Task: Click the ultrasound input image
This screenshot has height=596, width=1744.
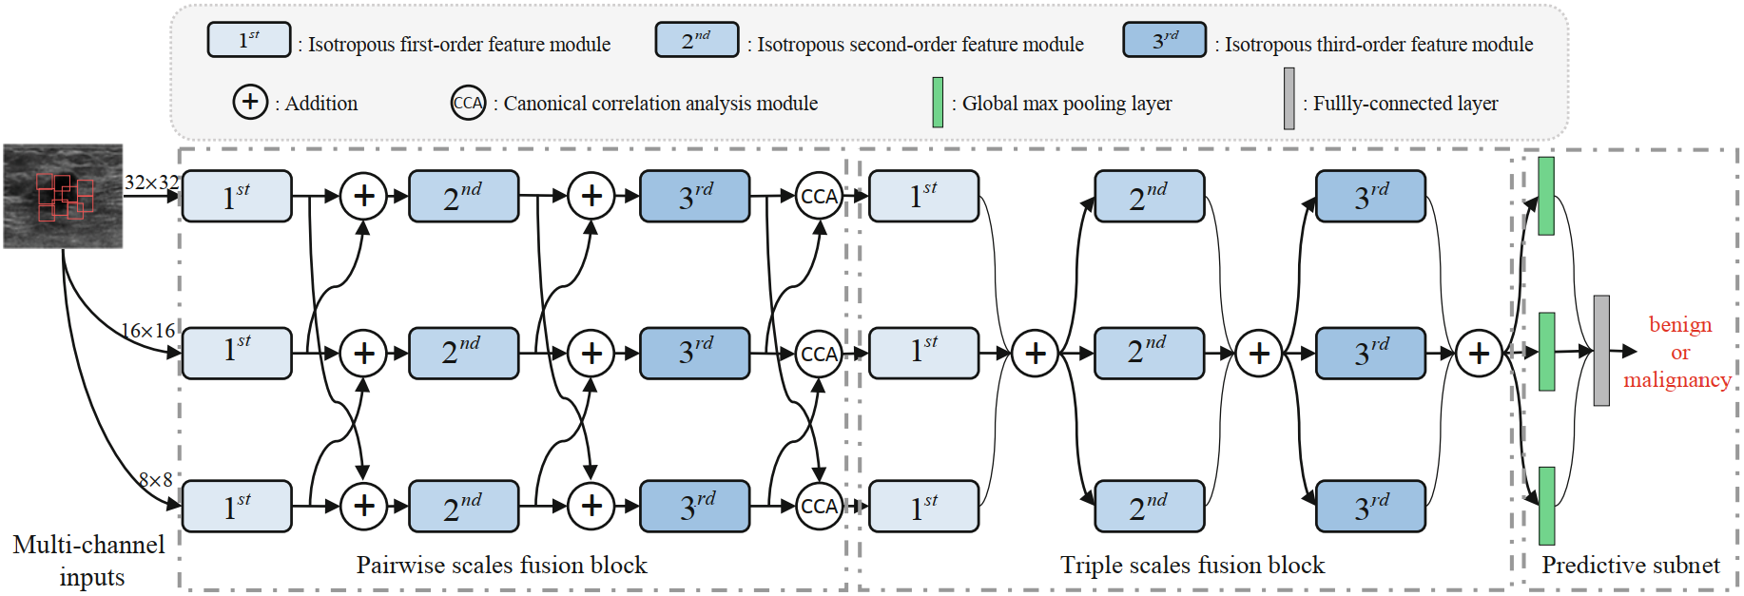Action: point(63,196)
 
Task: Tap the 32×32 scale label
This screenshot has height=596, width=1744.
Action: point(152,182)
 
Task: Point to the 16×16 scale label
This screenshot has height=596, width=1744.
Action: point(148,331)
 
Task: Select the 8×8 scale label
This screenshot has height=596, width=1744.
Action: point(156,480)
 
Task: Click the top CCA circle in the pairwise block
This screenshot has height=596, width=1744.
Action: point(819,197)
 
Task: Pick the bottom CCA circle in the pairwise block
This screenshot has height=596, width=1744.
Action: point(819,507)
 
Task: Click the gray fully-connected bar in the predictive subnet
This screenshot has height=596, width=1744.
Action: point(1601,351)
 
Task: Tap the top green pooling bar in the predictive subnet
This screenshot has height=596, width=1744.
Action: point(1546,196)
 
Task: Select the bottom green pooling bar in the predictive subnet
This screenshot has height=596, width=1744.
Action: point(1546,506)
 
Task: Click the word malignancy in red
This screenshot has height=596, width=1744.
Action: point(1677,380)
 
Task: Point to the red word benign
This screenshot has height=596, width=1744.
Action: point(1680,325)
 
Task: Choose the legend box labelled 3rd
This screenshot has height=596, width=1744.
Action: point(1165,40)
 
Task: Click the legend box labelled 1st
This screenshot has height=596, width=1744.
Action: point(249,40)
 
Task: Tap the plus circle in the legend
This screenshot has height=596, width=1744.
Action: point(250,101)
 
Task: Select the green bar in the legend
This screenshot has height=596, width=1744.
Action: point(938,102)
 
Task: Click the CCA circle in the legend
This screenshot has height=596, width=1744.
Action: point(468,103)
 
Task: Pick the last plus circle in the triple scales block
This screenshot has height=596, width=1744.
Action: point(1479,354)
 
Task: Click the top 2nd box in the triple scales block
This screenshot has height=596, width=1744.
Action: point(1150,197)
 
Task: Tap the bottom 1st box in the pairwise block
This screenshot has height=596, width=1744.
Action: point(237,506)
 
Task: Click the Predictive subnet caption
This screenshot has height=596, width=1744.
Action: point(1631,566)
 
